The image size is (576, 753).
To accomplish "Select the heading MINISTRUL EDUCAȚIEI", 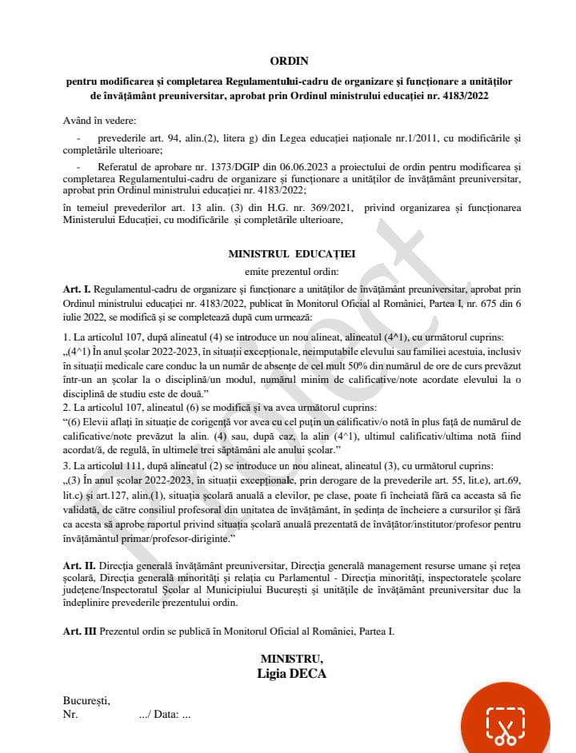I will tap(292, 253).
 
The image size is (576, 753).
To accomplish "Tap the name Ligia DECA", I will tap(291, 673).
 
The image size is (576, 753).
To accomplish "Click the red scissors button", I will tap(505, 723).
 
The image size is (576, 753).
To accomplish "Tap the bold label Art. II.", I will tap(79, 565).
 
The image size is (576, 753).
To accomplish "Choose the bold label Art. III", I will tap(80, 631).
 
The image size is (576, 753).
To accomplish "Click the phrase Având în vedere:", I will tap(100, 121).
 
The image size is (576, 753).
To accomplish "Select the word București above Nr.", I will tap(86, 701).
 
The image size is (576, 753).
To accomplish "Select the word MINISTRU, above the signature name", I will tap(291, 658).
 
